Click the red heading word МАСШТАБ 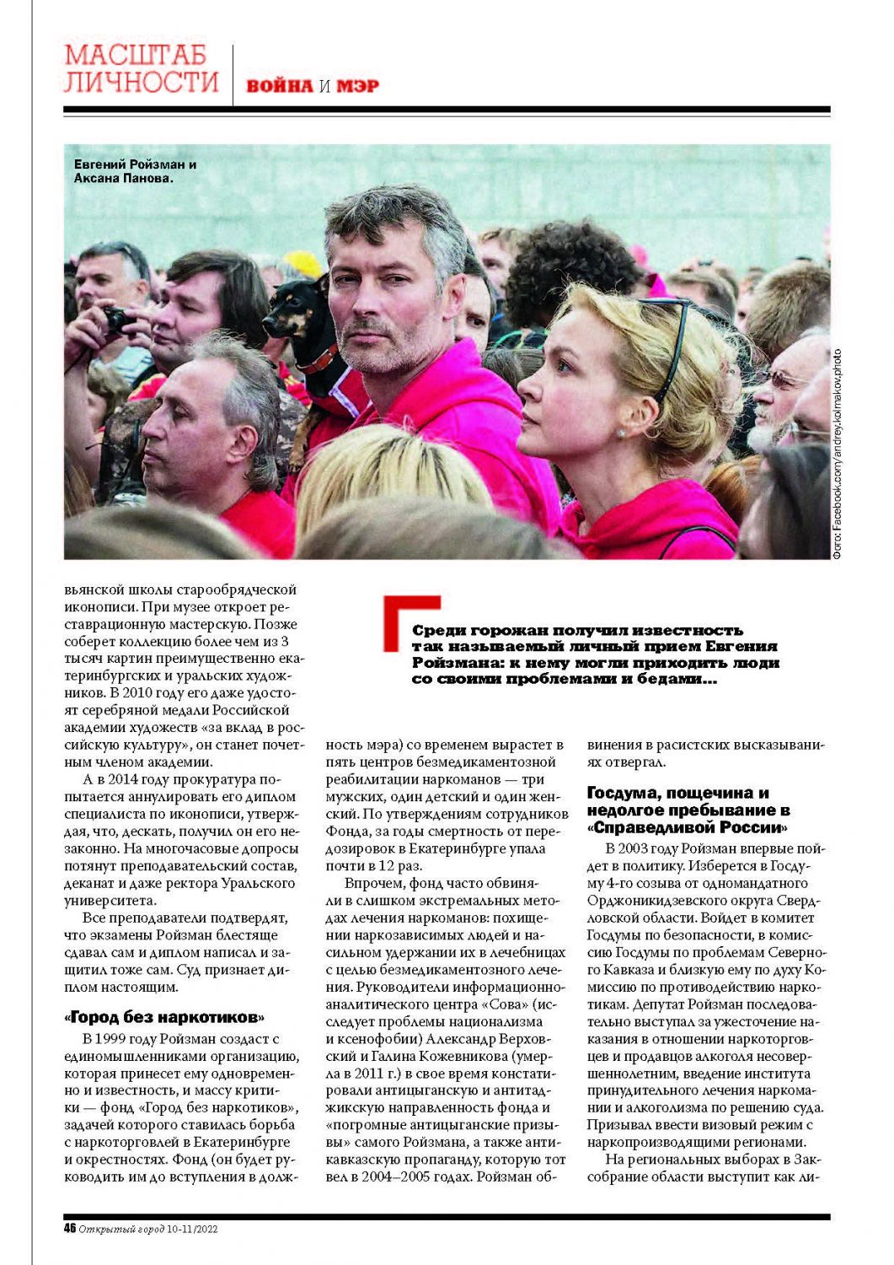click(x=136, y=55)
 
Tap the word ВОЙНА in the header click(x=279, y=86)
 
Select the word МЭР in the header click(x=358, y=86)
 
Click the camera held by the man click(x=116, y=319)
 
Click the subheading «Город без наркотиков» click(x=164, y=1016)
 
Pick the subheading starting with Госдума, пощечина click(x=688, y=810)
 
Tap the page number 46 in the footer click(x=70, y=1229)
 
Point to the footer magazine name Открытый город click(x=121, y=1230)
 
